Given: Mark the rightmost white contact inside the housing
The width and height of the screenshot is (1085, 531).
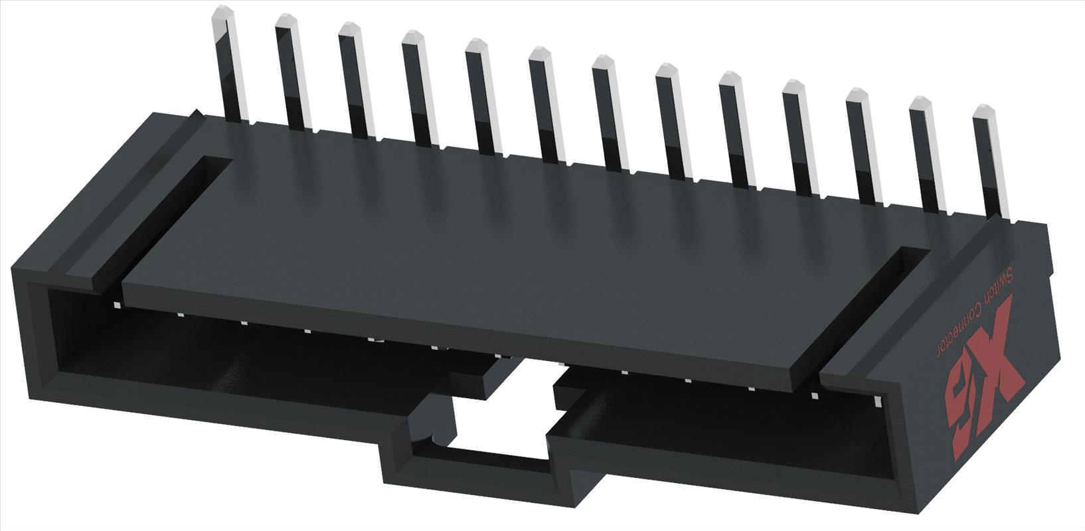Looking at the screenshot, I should point(878,402).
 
